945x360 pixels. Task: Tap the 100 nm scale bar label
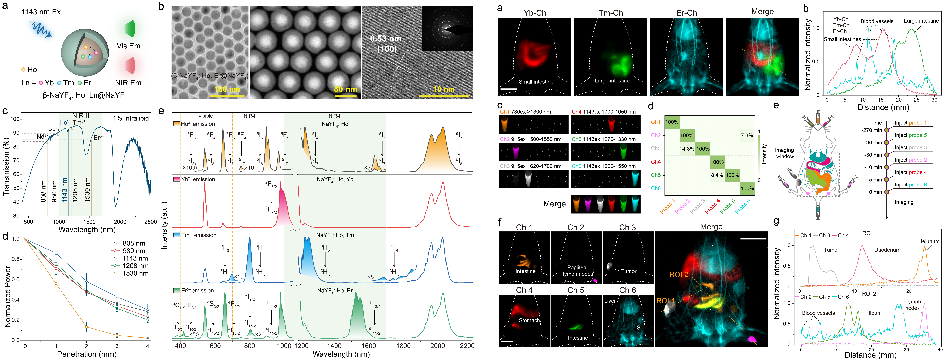(227, 89)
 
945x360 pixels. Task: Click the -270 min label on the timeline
(872, 130)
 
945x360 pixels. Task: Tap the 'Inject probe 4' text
(911, 172)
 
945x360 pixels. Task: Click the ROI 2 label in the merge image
(679, 274)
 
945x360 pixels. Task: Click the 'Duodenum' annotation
(887, 250)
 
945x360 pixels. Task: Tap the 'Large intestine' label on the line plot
(921, 21)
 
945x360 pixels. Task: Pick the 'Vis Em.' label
(129, 46)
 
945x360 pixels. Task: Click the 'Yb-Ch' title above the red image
(535, 13)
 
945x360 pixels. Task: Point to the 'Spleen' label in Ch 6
(645, 328)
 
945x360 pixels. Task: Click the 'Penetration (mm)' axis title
(87, 354)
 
